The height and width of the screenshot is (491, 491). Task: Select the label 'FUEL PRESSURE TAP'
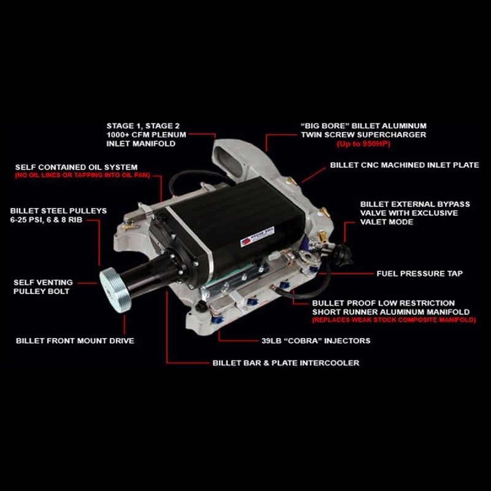point(419,273)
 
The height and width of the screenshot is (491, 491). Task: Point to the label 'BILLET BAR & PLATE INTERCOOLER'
point(285,363)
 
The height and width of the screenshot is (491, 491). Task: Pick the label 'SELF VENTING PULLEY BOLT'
point(42,287)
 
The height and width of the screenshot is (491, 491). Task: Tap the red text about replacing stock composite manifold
point(393,320)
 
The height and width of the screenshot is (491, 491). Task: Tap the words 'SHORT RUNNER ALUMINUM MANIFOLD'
point(392,312)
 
